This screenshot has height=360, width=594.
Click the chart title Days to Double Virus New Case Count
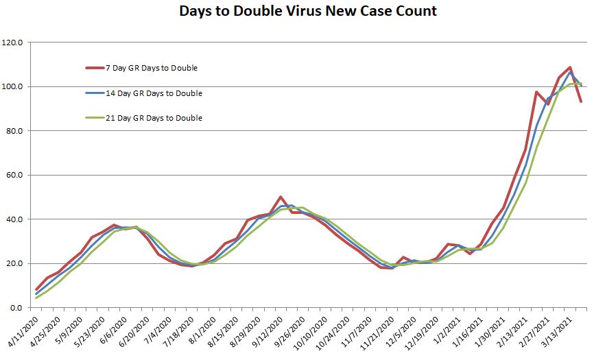point(307,12)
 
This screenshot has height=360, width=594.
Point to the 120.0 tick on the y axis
point(14,43)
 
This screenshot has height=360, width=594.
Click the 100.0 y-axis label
point(14,87)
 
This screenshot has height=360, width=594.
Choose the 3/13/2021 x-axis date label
point(556,331)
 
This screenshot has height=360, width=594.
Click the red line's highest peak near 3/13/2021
point(570,67)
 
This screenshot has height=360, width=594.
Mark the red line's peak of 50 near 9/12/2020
point(281,197)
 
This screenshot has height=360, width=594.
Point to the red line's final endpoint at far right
point(582,101)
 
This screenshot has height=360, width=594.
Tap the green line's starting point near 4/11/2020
point(36,298)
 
